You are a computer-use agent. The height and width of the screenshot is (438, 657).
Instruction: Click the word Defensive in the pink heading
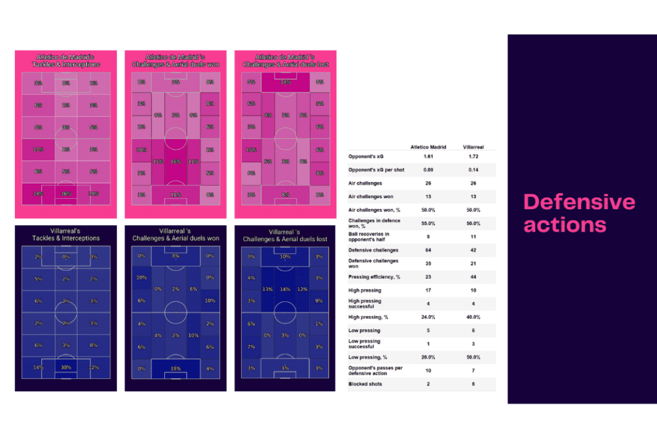pyautogui.click(x=579, y=203)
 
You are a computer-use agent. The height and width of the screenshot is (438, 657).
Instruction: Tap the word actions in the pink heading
pyautogui.click(x=565, y=225)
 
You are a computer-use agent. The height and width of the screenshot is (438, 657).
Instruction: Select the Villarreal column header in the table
pyautogui.click(x=474, y=147)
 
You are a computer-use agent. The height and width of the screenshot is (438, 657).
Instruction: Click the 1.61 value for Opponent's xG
pyautogui.click(x=429, y=156)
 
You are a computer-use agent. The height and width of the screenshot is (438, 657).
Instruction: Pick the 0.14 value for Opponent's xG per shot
pyautogui.click(x=474, y=170)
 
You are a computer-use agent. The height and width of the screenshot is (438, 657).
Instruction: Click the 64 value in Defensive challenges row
pyautogui.click(x=429, y=249)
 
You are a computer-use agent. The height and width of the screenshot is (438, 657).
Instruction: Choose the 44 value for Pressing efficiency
pyautogui.click(x=474, y=276)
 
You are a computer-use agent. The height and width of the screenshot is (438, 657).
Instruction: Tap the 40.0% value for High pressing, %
pyautogui.click(x=474, y=317)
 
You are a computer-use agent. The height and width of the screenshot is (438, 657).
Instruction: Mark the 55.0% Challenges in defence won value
pyautogui.click(x=429, y=223)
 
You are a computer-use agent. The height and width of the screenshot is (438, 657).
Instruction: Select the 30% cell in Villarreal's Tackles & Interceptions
pyautogui.click(x=65, y=367)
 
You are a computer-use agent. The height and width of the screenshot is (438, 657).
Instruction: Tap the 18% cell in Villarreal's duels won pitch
pyautogui.click(x=175, y=368)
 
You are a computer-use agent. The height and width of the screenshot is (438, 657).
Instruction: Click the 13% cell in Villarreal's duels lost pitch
pyautogui.click(x=268, y=289)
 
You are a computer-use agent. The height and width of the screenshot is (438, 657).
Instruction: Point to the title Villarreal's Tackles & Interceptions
pyautogui.click(x=65, y=234)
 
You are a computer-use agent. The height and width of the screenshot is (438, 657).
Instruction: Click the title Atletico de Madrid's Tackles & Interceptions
pyautogui.click(x=65, y=60)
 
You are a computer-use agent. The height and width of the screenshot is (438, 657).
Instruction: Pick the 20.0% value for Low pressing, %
pyautogui.click(x=429, y=357)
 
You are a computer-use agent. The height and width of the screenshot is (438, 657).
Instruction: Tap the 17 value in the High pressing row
pyautogui.click(x=429, y=290)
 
